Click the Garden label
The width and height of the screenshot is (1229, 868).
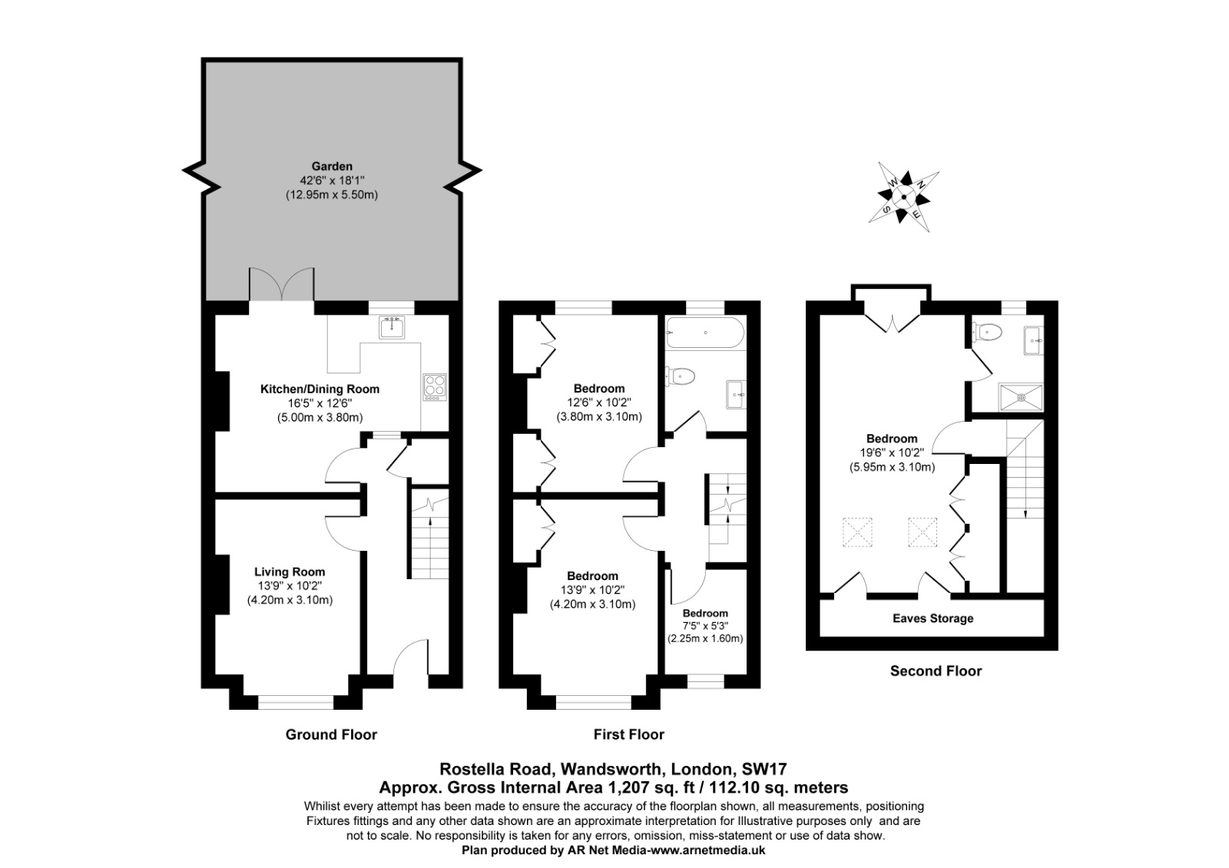coord(332,166)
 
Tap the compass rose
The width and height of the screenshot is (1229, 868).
coord(903,197)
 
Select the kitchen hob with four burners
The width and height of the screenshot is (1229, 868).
coord(435,387)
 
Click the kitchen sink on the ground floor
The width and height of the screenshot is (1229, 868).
coord(392,327)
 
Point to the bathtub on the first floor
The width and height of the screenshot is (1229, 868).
coord(705,333)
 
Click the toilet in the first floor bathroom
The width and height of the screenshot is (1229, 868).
coord(681,376)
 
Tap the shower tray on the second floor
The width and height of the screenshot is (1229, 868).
coord(1021,396)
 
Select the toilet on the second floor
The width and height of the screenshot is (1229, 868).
coord(988,332)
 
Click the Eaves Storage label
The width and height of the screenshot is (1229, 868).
coord(933,618)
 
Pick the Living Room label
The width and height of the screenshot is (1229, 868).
coord(290,571)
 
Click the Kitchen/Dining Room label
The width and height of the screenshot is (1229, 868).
coord(320,389)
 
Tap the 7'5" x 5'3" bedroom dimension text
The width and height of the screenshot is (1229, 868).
coord(705,625)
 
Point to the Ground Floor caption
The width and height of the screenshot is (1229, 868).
coord(331,734)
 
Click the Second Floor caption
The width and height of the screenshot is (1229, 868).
coord(936,671)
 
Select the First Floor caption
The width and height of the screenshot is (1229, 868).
coord(629,734)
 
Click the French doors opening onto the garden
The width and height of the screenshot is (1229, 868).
coord(282,284)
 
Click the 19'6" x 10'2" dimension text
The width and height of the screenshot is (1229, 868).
coord(892,452)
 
